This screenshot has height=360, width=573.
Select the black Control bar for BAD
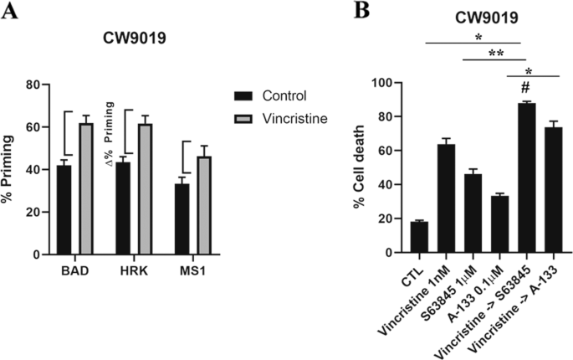coord(64,209)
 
